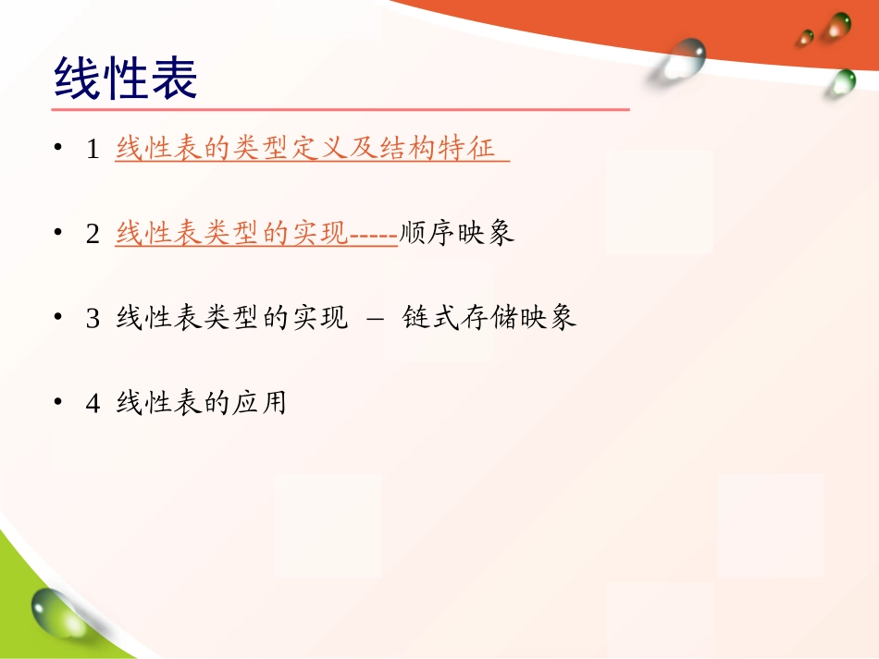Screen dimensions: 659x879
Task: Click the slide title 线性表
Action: tap(126, 79)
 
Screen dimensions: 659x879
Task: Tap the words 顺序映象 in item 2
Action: tap(456, 234)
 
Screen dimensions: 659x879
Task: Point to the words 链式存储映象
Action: tap(489, 318)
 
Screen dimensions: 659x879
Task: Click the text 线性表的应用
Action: tap(202, 403)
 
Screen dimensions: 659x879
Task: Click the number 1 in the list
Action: tap(93, 150)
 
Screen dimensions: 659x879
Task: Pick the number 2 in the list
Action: tap(93, 235)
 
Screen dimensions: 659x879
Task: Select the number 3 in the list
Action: tap(93, 319)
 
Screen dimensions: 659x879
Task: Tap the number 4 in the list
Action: tap(93, 404)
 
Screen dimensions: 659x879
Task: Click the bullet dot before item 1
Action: tap(58, 148)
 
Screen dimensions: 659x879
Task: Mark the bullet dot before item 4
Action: tap(58, 402)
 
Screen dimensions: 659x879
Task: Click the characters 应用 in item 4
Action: tap(259, 403)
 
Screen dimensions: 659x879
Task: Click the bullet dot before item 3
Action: tap(58, 317)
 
